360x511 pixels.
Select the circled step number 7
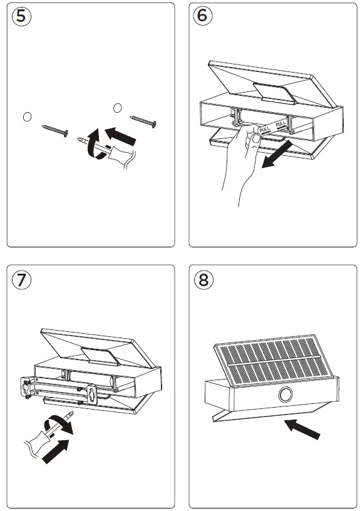(x=22, y=280)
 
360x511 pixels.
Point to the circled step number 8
(x=202, y=280)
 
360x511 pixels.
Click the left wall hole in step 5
(x=26, y=116)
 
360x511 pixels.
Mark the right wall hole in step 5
(x=116, y=108)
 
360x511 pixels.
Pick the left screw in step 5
(x=55, y=130)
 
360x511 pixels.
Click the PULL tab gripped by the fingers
(x=264, y=130)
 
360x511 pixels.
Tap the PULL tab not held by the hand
(x=282, y=124)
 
